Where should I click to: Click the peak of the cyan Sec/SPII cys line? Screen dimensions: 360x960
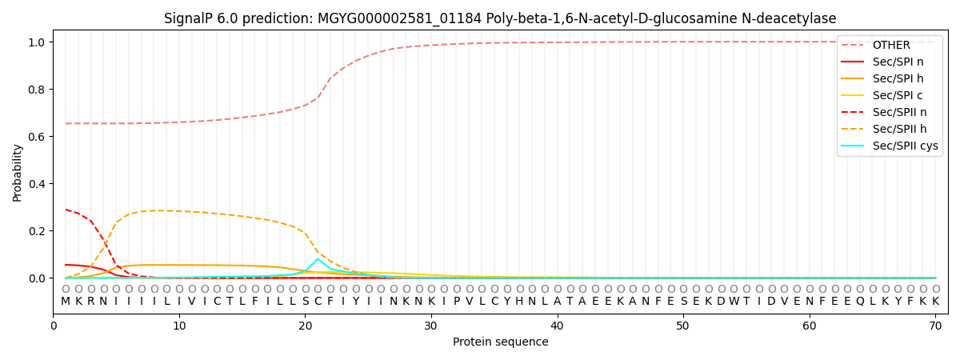[318, 259]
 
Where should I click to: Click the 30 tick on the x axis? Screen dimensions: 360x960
[431, 314]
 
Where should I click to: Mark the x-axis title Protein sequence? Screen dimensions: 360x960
[500, 342]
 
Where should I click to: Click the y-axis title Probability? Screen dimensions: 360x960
[18, 172]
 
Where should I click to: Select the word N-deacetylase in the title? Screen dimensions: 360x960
[789, 18]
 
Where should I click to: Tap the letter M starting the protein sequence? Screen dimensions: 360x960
[66, 302]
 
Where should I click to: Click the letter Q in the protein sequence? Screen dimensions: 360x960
[860, 302]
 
